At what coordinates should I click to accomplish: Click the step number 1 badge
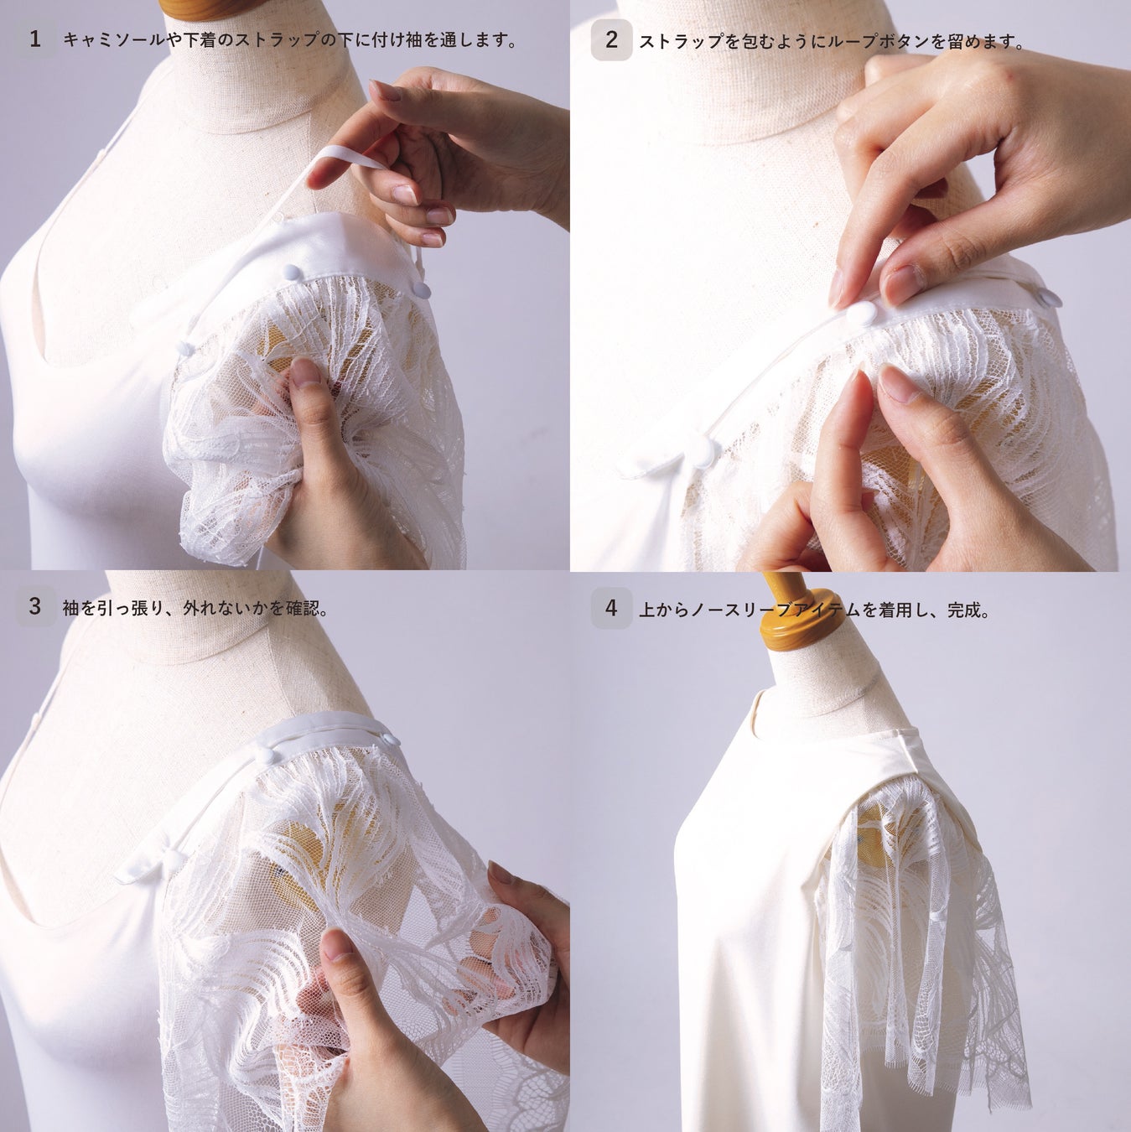click(35, 39)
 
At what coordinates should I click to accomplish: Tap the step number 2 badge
click(612, 39)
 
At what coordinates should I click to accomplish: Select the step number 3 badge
click(35, 606)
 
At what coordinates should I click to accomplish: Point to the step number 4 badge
click(612, 609)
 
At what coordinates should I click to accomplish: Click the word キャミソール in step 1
click(115, 40)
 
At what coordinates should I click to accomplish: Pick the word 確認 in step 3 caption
click(302, 607)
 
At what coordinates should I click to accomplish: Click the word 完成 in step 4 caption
click(964, 610)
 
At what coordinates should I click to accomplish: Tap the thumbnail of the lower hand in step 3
click(335, 944)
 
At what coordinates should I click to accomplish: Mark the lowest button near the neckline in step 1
click(185, 348)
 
